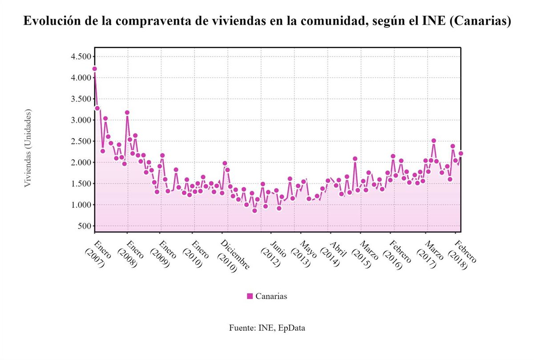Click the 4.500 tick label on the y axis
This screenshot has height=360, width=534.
point(81,57)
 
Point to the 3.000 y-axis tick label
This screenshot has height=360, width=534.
point(81,120)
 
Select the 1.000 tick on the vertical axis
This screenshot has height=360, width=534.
point(81,205)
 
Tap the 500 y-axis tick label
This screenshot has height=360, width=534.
point(85,226)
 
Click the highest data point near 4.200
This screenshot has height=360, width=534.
point(94,69)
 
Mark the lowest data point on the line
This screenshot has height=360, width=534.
point(255,210)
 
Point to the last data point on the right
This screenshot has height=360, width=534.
point(461,154)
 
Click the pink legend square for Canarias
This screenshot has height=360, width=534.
point(250,296)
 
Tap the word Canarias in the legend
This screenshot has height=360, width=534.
point(271,296)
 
